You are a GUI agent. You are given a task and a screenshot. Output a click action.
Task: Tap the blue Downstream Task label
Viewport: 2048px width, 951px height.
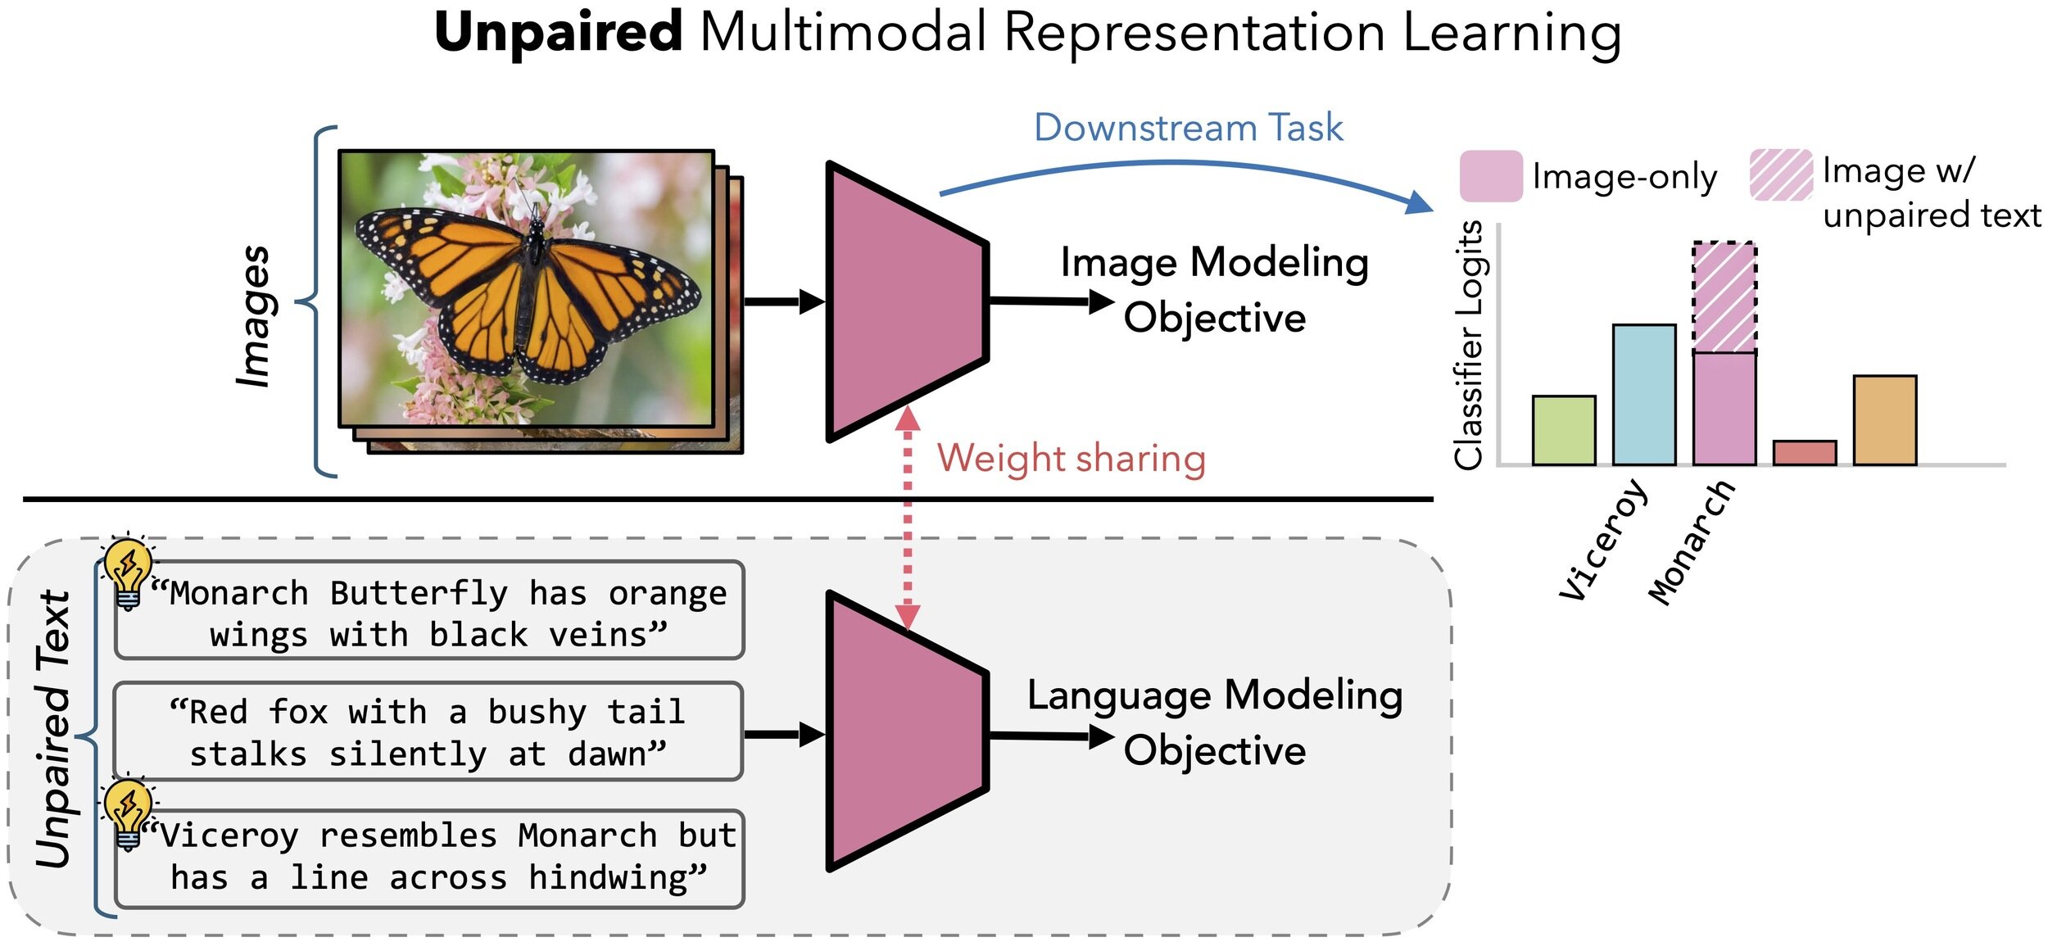[x=1188, y=128]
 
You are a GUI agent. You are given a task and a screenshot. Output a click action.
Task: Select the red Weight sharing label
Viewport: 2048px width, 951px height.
[x=1072, y=459]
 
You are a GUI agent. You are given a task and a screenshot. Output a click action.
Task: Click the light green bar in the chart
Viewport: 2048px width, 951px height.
[x=1563, y=431]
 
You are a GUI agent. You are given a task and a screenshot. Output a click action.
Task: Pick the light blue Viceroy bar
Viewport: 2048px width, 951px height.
[x=1643, y=395]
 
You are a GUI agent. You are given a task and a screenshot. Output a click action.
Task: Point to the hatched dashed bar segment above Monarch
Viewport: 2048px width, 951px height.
[x=1724, y=297]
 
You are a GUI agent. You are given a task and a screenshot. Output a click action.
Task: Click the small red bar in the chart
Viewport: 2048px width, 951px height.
[x=1804, y=453]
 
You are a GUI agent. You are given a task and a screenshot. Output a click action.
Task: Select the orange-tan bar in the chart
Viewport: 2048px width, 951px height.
[x=1884, y=420]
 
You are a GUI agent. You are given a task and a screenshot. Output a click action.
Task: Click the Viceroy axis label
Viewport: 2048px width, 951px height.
[x=1602, y=539]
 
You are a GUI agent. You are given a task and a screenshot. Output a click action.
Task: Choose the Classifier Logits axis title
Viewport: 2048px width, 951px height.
[x=1468, y=345]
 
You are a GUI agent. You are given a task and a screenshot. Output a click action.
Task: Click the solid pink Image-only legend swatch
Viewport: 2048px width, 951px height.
[x=1491, y=175]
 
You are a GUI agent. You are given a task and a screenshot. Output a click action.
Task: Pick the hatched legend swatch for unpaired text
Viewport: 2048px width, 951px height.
[x=1781, y=174]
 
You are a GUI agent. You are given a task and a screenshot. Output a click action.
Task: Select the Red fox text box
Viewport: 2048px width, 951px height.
[x=428, y=731]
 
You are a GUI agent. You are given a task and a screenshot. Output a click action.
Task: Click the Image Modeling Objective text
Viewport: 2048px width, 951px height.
[x=1214, y=290]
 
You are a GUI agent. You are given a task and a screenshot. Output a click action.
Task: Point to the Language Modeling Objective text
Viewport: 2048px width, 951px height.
[x=1215, y=722]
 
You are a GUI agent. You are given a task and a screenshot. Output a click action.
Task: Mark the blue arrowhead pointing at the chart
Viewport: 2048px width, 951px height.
[x=1419, y=202]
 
